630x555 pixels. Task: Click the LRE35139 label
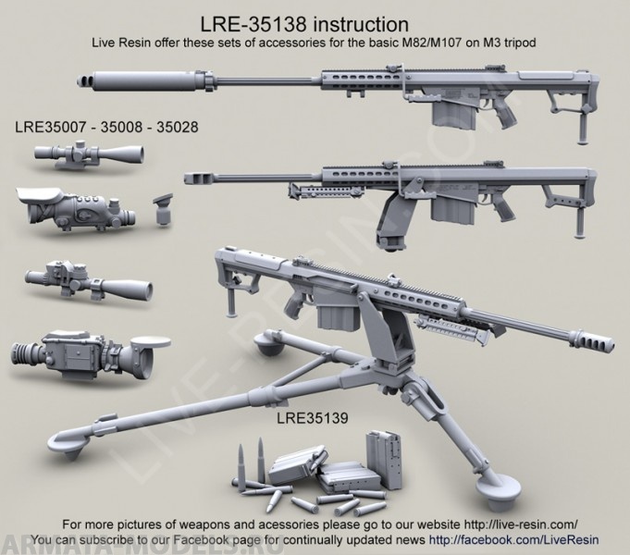312,418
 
